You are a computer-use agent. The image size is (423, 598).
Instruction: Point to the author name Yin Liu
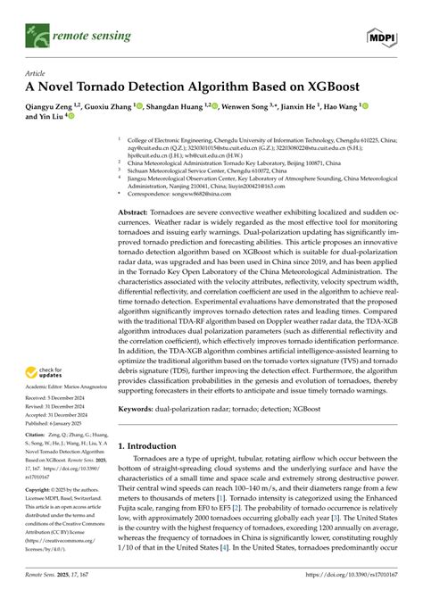56,117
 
